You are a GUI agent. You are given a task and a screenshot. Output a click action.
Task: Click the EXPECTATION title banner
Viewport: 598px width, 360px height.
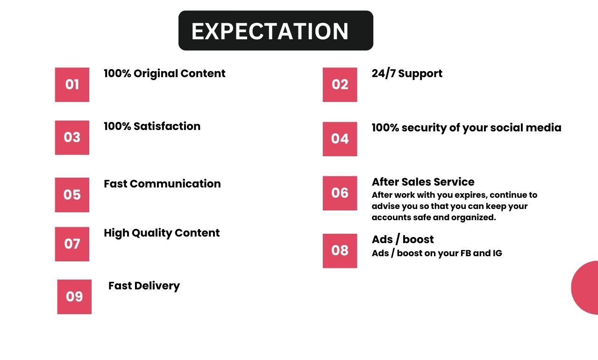tap(276, 30)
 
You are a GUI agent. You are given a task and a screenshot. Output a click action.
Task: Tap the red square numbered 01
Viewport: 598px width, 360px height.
tap(72, 85)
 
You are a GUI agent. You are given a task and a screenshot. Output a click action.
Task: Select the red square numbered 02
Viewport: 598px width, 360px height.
tap(340, 85)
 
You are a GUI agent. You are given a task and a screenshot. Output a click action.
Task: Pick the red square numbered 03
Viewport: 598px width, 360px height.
tap(72, 137)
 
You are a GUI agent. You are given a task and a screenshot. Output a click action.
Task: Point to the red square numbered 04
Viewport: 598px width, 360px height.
tap(340, 139)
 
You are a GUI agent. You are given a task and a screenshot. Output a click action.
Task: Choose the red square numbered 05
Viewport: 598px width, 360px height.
tap(72, 195)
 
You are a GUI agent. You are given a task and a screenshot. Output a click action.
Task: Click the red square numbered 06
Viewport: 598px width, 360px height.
tap(340, 193)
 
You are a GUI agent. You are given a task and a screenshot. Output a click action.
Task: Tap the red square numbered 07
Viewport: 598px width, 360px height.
tap(72, 244)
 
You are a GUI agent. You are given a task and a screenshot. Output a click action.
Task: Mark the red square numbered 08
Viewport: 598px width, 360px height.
tap(340, 251)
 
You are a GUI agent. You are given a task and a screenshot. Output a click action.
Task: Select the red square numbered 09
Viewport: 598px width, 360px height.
tap(74, 297)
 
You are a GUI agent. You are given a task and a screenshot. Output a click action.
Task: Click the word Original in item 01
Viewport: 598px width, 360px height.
tap(156, 74)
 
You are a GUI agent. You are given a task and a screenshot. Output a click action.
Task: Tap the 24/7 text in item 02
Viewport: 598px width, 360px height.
tap(384, 73)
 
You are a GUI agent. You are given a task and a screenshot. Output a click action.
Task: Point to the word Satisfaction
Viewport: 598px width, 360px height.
tap(167, 126)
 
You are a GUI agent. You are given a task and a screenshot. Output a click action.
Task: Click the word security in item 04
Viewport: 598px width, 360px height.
tap(424, 128)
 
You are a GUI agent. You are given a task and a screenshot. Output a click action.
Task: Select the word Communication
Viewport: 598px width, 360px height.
tap(175, 184)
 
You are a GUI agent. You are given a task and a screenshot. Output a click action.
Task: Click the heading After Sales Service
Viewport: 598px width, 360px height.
tap(423, 182)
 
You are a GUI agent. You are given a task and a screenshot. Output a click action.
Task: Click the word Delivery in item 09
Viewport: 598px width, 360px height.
tap(157, 286)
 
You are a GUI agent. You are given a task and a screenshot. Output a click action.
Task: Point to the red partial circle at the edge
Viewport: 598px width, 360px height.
tap(586, 288)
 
